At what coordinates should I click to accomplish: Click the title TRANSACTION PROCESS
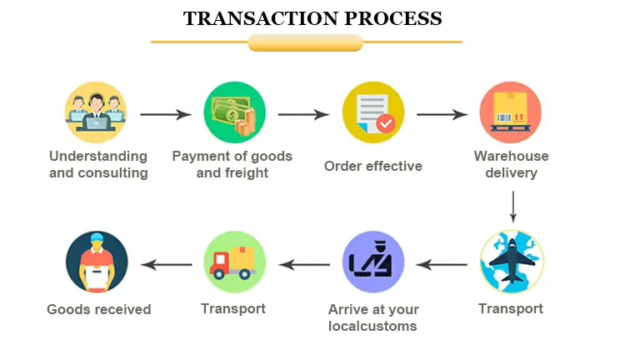pos(312,17)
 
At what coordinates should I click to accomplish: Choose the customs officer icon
pos(373,262)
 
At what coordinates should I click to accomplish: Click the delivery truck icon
pos(235,262)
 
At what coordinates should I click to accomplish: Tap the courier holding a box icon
pos(97,262)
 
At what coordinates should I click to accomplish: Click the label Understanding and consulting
pos(98,165)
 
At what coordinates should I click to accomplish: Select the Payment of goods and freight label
pos(232,165)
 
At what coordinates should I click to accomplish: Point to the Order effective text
pos(373,166)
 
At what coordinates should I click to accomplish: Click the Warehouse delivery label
pos(512,165)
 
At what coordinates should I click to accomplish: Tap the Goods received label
pos(99,309)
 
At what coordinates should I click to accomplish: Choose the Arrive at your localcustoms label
pos(373,317)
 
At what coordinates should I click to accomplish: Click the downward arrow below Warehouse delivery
pos(512,207)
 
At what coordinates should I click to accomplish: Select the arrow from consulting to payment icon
pos(166,115)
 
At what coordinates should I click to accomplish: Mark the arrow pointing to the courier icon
pos(166,265)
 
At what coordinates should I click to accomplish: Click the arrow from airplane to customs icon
pos(442,265)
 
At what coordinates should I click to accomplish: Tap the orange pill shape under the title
pos(306,42)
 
